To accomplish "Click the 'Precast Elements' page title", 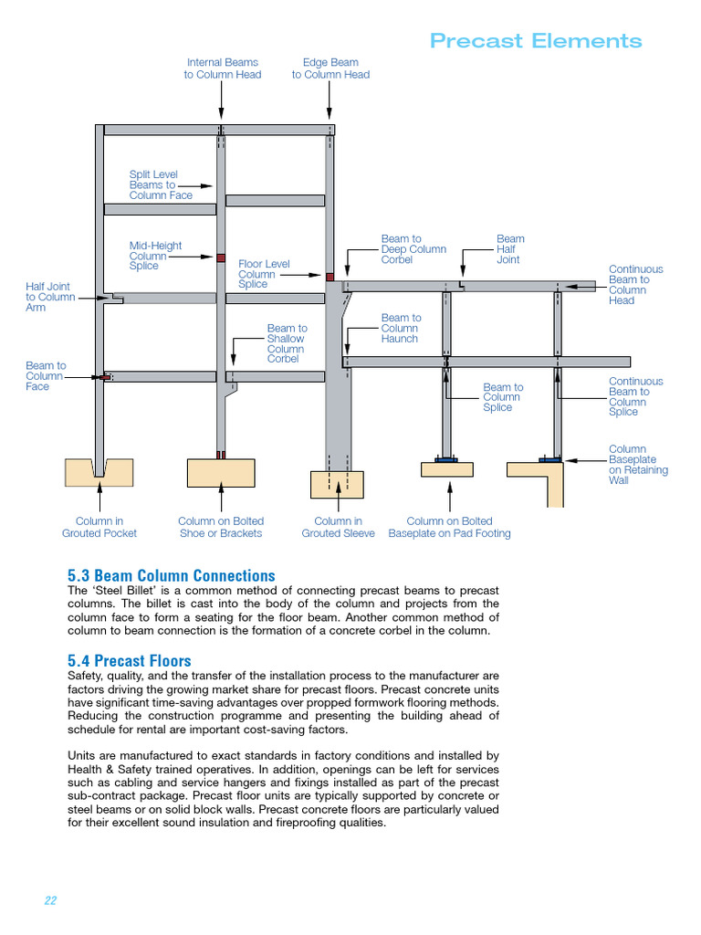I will pyautogui.click(x=536, y=41).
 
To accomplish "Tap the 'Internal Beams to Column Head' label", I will pyautogui.click(x=222, y=68).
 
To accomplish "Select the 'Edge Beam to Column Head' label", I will pyautogui.click(x=330, y=68).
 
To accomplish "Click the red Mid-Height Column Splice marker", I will pyautogui.click(x=220, y=258).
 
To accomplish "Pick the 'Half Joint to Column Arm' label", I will pyautogui.click(x=50, y=297).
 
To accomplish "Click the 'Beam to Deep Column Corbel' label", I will pyautogui.click(x=413, y=249).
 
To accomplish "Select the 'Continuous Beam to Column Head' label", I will pyautogui.click(x=635, y=285).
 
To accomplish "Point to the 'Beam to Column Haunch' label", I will pyautogui.click(x=401, y=328).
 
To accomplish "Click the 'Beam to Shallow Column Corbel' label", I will pyautogui.click(x=287, y=343).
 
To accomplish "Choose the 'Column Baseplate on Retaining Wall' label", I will pyautogui.click(x=637, y=465).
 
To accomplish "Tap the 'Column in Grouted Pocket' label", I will pyautogui.click(x=99, y=527).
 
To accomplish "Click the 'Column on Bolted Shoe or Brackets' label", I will pyautogui.click(x=221, y=527).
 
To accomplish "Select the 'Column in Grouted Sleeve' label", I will pyautogui.click(x=338, y=527).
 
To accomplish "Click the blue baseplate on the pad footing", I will pyautogui.click(x=447, y=460).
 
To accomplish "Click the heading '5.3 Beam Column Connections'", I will pyautogui.click(x=171, y=575).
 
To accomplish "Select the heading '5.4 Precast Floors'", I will pyautogui.click(x=130, y=660).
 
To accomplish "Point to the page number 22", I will pyautogui.click(x=50, y=900).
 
